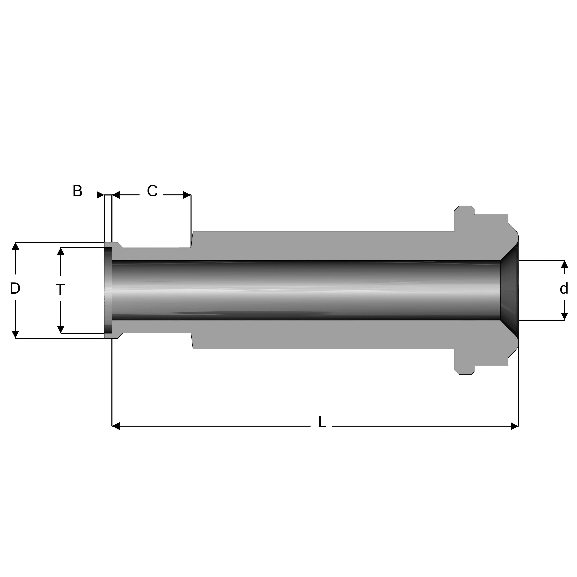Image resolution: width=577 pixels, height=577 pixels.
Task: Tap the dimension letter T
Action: [x=60, y=290]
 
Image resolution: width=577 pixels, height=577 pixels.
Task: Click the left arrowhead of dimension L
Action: [x=116, y=426]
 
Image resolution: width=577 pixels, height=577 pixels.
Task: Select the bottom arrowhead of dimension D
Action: [x=15, y=334]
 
